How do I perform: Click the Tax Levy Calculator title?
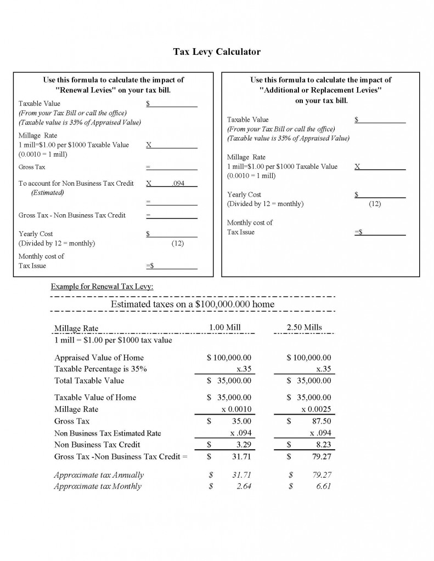click(217, 52)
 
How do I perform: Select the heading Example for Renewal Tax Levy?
click(102, 286)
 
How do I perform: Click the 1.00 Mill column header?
click(225, 328)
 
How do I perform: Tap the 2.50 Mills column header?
click(304, 328)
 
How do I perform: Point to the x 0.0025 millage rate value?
click(315, 409)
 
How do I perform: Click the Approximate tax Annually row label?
click(99, 475)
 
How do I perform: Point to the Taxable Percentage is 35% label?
click(100, 369)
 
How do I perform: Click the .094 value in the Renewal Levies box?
click(178, 184)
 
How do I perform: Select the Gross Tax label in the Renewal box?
click(32, 167)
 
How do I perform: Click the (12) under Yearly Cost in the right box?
click(375, 204)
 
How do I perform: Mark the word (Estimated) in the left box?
click(47, 193)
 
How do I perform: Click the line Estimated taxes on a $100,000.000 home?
click(192, 304)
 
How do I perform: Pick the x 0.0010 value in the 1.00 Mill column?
click(236, 409)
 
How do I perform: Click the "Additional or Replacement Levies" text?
click(320, 90)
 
